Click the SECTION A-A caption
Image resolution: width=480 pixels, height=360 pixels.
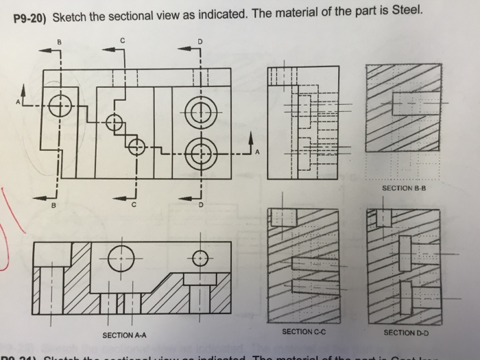(124, 335)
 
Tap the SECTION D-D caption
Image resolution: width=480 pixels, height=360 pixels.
(407, 333)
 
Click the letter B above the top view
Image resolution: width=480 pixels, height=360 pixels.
(59, 42)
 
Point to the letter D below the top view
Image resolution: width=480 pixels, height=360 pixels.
(201, 205)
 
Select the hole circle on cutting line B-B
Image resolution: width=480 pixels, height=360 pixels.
(60, 105)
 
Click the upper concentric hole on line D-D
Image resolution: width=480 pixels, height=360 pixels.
(200, 110)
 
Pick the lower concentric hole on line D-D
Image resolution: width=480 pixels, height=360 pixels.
(200, 152)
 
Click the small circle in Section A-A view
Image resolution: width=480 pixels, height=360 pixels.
(200, 259)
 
